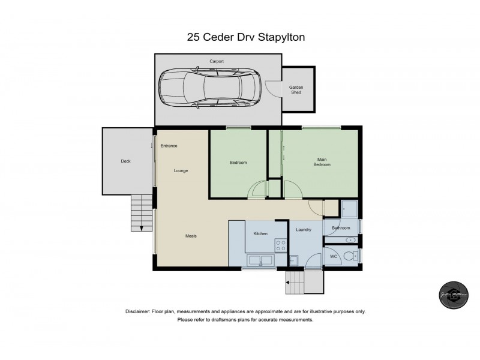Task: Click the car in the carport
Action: (x=210, y=88)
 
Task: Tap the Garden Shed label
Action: (x=296, y=90)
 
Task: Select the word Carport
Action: (x=216, y=61)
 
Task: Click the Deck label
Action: (x=125, y=161)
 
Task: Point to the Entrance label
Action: (x=169, y=146)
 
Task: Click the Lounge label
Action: (x=181, y=170)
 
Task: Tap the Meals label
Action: (x=191, y=236)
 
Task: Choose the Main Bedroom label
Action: (x=322, y=161)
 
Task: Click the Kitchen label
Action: (x=260, y=233)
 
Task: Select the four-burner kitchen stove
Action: (x=280, y=244)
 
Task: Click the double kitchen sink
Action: (x=260, y=260)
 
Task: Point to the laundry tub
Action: (x=294, y=260)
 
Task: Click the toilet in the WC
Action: (x=352, y=256)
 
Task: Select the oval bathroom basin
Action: (x=350, y=240)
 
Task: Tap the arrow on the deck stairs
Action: (x=142, y=226)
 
